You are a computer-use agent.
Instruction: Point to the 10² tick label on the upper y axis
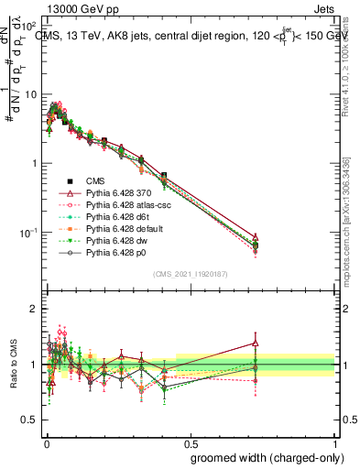[x=28, y=27]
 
